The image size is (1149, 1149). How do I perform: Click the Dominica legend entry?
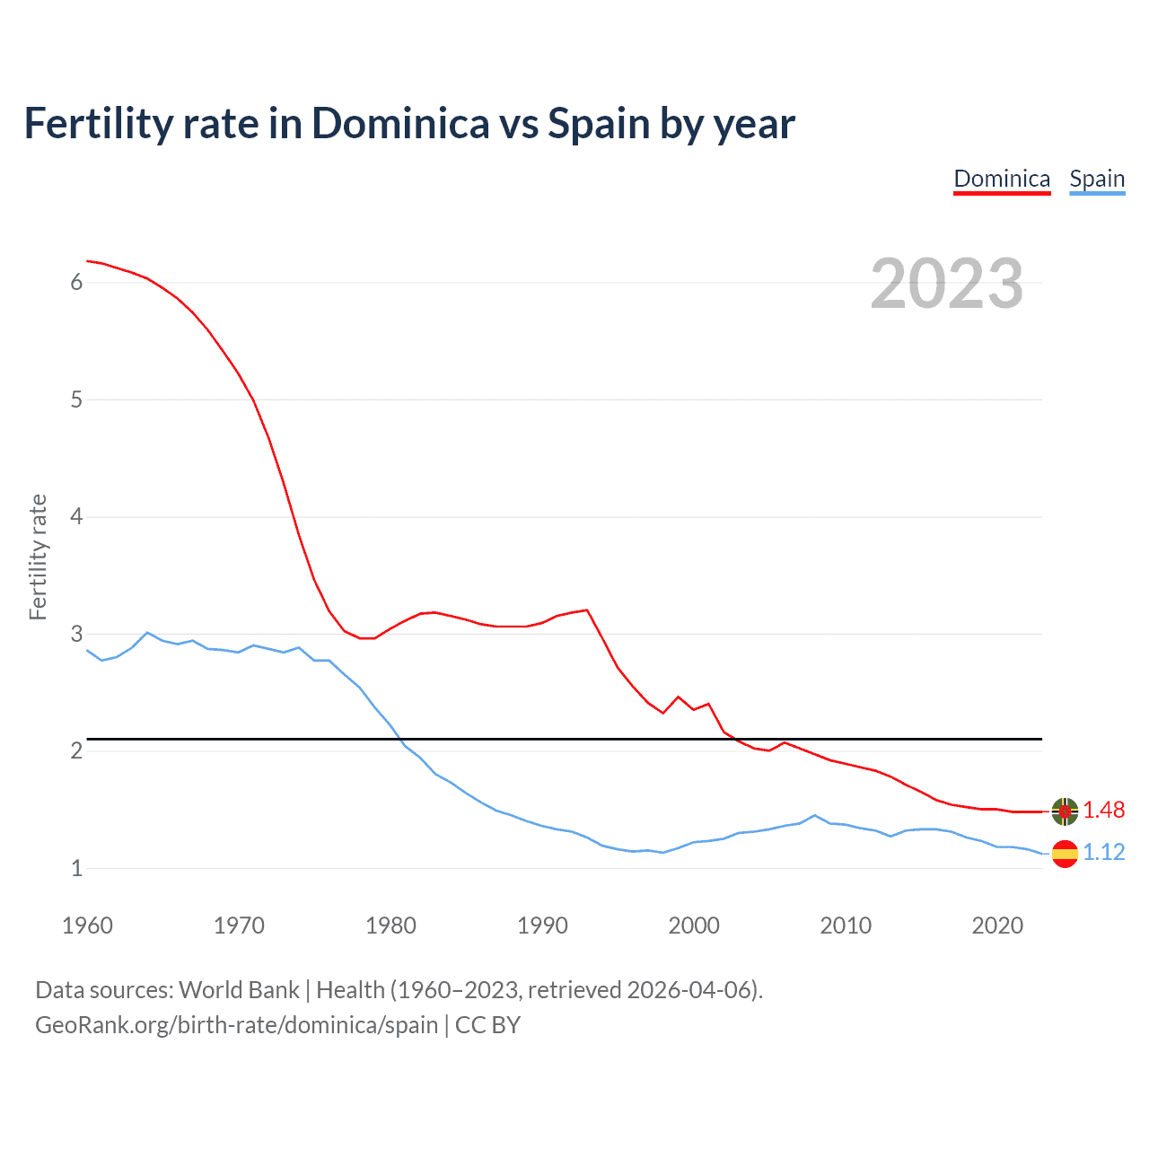coord(1002,179)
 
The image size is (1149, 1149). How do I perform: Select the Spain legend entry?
coord(1097,179)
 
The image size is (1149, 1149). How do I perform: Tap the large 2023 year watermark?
coord(946,284)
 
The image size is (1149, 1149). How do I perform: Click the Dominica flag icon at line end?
coord(1065,811)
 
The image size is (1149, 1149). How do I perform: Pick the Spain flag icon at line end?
coord(1065,853)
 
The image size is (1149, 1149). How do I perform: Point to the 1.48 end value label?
coord(1103,810)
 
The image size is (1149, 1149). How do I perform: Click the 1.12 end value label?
coord(1103,852)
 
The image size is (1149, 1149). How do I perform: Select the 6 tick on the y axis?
coord(76,283)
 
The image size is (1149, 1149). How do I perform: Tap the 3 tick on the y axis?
coord(76,634)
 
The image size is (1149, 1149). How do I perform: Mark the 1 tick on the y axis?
coord(76,868)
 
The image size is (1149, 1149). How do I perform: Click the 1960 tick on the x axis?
coord(87,925)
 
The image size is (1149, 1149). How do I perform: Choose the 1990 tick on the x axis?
coord(542,925)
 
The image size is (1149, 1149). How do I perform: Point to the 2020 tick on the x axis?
coord(997,925)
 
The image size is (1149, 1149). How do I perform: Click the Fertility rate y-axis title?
coord(38,557)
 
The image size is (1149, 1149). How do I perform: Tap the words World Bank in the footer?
coord(239,990)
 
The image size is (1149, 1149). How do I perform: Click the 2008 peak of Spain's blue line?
coord(815,815)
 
